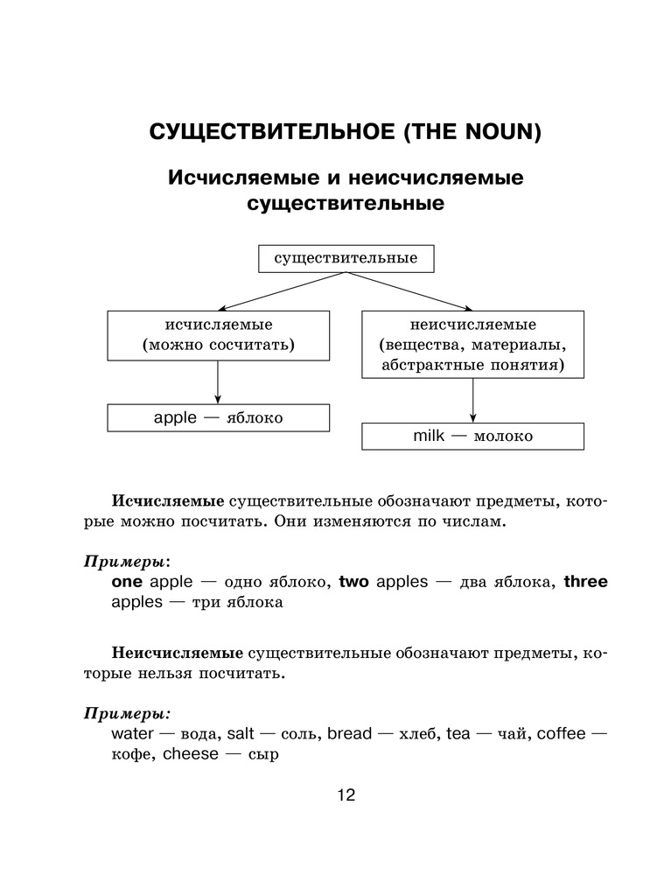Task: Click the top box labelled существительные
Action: (346, 258)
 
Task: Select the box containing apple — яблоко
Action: (218, 417)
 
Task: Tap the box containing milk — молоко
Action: (472, 436)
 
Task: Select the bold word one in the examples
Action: (129, 582)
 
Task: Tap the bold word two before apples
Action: (354, 582)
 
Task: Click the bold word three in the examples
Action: (585, 582)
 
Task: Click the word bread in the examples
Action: (350, 733)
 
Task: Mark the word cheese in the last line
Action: (191, 754)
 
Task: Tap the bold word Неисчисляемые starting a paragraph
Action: (177, 653)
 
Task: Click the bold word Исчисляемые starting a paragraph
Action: (167, 502)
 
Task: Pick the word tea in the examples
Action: (458, 733)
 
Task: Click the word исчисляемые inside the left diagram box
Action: (218, 325)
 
